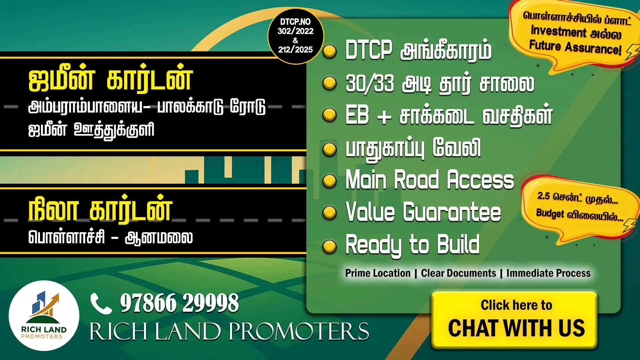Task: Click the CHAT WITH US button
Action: tap(514, 320)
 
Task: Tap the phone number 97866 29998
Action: tap(179, 303)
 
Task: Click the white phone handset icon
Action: tap(101, 304)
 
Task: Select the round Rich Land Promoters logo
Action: tap(44, 315)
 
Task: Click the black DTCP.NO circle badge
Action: tap(296, 36)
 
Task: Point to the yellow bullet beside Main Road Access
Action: tap(330, 181)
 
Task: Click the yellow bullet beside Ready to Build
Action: tap(330, 247)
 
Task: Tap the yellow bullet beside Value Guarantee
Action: tap(330, 213)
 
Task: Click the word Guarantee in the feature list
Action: tap(452, 212)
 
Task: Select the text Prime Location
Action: tap(378, 273)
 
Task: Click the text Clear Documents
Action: tap(458, 273)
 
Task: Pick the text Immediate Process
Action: tap(548, 273)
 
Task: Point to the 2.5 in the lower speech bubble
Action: tap(543, 196)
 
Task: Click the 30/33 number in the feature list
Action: tap(370, 83)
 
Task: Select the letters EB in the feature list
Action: tap(357, 115)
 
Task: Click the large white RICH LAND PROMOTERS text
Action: tap(229, 331)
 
